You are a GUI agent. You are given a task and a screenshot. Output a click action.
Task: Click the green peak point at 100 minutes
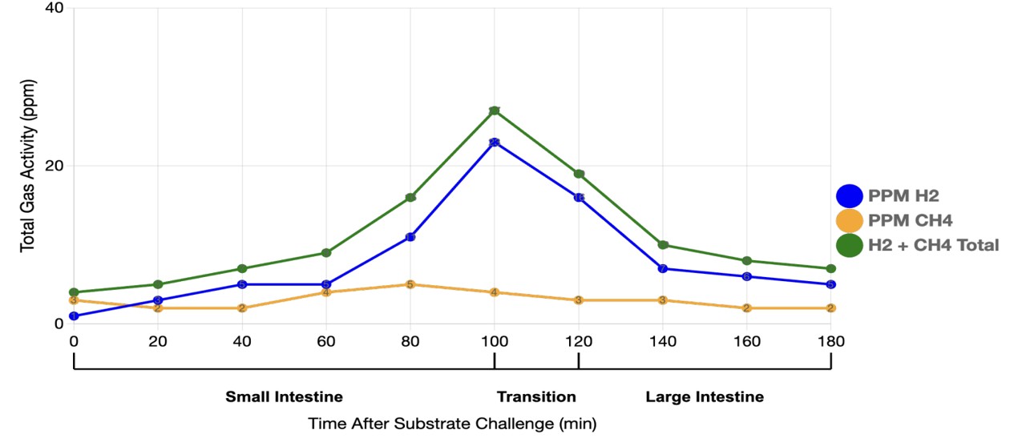click(495, 110)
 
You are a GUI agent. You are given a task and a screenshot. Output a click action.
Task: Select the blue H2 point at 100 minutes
click(495, 143)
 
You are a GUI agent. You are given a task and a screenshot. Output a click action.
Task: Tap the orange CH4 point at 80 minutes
click(410, 284)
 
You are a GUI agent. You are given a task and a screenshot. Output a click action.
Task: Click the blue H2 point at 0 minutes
click(74, 316)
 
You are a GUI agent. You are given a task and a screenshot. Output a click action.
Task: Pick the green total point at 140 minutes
click(663, 245)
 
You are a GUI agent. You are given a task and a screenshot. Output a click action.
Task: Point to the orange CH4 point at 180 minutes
click(831, 308)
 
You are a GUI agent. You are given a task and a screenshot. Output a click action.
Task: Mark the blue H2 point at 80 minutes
click(410, 237)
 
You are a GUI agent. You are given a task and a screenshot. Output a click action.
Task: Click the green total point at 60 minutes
click(326, 253)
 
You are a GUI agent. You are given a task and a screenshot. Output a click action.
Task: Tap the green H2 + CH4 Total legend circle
click(849, 245)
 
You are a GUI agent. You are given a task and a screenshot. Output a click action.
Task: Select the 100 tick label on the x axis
click(495, 341)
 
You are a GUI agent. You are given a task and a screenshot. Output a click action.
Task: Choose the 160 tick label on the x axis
click(747, 341)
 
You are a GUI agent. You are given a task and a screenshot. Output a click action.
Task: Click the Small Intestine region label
click(284, 397)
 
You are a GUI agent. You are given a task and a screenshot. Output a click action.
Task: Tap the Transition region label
click(536, 397)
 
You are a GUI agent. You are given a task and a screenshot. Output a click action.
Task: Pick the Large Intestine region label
click(705, 397)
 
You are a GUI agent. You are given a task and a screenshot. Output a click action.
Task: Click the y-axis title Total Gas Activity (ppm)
click(28, 166)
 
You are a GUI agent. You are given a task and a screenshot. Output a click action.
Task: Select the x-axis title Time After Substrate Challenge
click(452, 423)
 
